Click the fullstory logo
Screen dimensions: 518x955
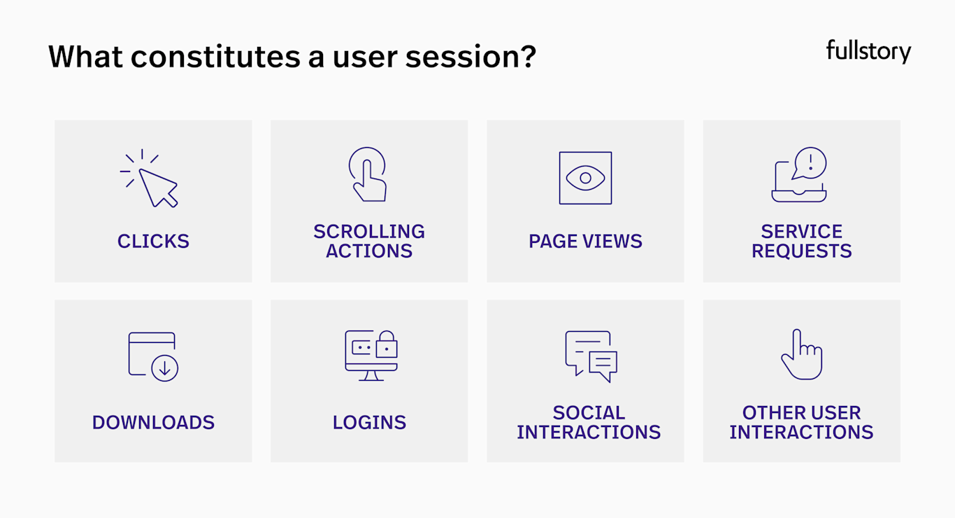point(868,51)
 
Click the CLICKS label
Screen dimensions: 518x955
point(153,241)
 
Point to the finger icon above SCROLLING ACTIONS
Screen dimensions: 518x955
point(368,175)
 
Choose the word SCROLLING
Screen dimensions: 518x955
point(369,232)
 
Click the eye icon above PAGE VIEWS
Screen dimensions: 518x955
point(585,178)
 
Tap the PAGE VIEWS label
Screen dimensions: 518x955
point(585,241)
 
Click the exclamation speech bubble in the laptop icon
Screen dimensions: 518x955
point(810,164)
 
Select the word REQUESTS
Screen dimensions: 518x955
point(801,251)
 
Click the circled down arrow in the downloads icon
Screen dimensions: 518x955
point(165,368)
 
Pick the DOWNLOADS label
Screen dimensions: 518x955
point(153,423)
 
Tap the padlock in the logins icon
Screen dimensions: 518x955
point(387,344)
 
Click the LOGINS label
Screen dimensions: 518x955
point(369,423)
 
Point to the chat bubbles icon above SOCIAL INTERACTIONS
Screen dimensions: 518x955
point(591,356)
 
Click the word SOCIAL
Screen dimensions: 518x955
point(589,413)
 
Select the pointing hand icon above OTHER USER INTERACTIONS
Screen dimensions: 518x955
point(801,355)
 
